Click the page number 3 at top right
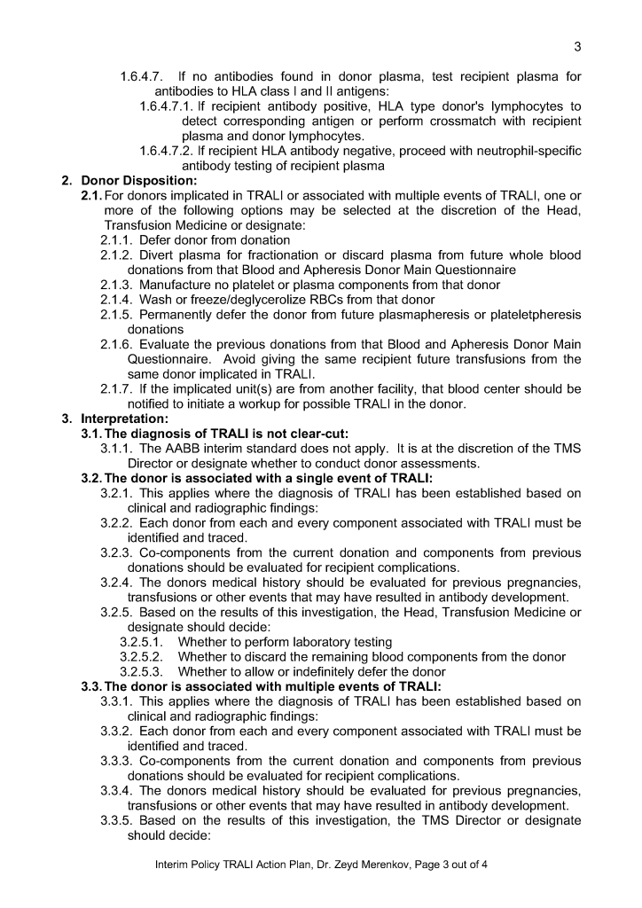point(577,47)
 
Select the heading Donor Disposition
point(127,181)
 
